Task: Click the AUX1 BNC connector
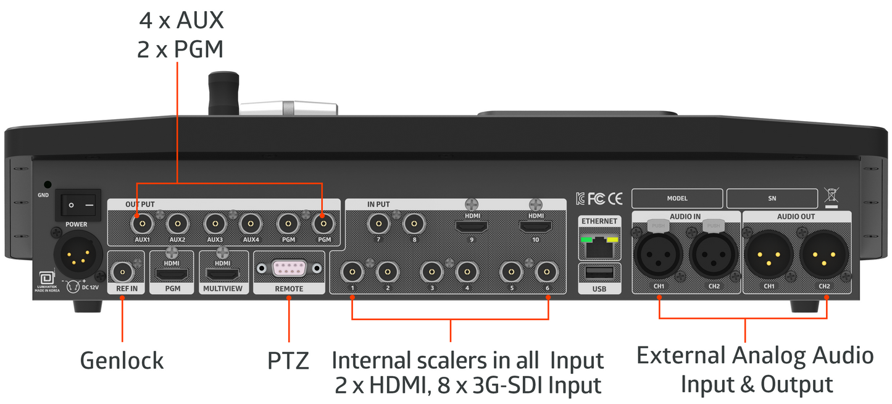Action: click(x=141, y=223)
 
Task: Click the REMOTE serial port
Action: click(x=289, y=269)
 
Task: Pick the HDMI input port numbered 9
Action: click(x=471, y=226)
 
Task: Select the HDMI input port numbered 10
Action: click(x=535, y=226)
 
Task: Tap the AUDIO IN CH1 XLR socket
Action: click(x=658, y=255)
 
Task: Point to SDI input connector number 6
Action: click(x=546, y=271)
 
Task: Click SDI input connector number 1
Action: click(x=352, y=271)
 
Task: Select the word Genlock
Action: click(x=122, y=360)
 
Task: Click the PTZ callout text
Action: click(x=288, y=360)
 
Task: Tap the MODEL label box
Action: click(x=677, y=198)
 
